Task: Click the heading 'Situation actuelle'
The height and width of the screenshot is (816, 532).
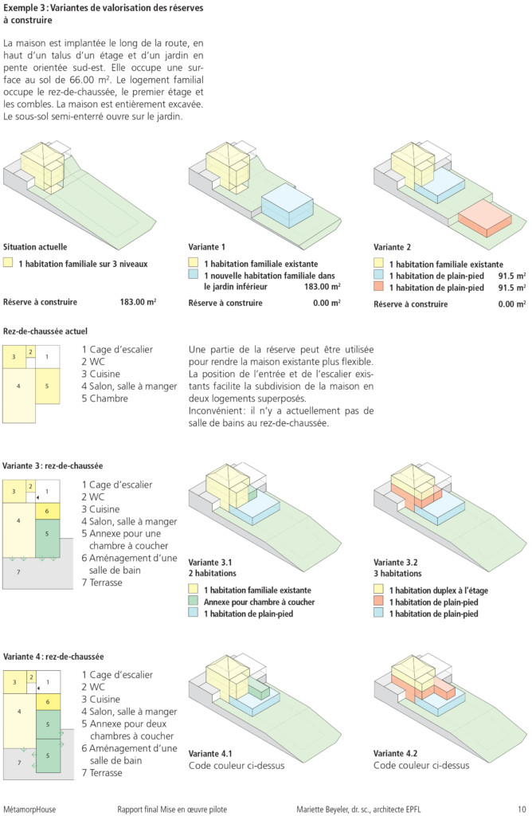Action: (35, 247)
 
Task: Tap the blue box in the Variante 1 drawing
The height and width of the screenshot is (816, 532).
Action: (287, 206)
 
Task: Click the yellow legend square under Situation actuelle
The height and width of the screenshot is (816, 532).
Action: (8, 263)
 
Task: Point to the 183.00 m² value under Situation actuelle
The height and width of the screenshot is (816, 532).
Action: (138, 302)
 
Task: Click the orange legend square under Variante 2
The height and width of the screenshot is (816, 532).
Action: (378, 287)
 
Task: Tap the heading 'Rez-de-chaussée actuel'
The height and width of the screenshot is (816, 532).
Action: (45, 331)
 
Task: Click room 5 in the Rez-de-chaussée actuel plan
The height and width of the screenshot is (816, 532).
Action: (47, 386)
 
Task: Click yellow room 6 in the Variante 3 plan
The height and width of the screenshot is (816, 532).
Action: (47, 511)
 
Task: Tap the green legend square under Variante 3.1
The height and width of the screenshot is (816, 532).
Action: (194, 601)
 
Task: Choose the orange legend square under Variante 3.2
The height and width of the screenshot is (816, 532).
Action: (378, 601)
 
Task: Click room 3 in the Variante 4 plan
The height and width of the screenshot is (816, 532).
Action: (14, 682)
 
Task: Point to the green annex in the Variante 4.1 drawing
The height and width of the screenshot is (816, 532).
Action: (259, 692)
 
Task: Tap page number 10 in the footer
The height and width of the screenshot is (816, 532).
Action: (522, 810)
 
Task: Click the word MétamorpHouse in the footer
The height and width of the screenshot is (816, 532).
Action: (29, 810)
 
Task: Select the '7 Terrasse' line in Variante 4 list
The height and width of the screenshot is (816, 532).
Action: (102, 773)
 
